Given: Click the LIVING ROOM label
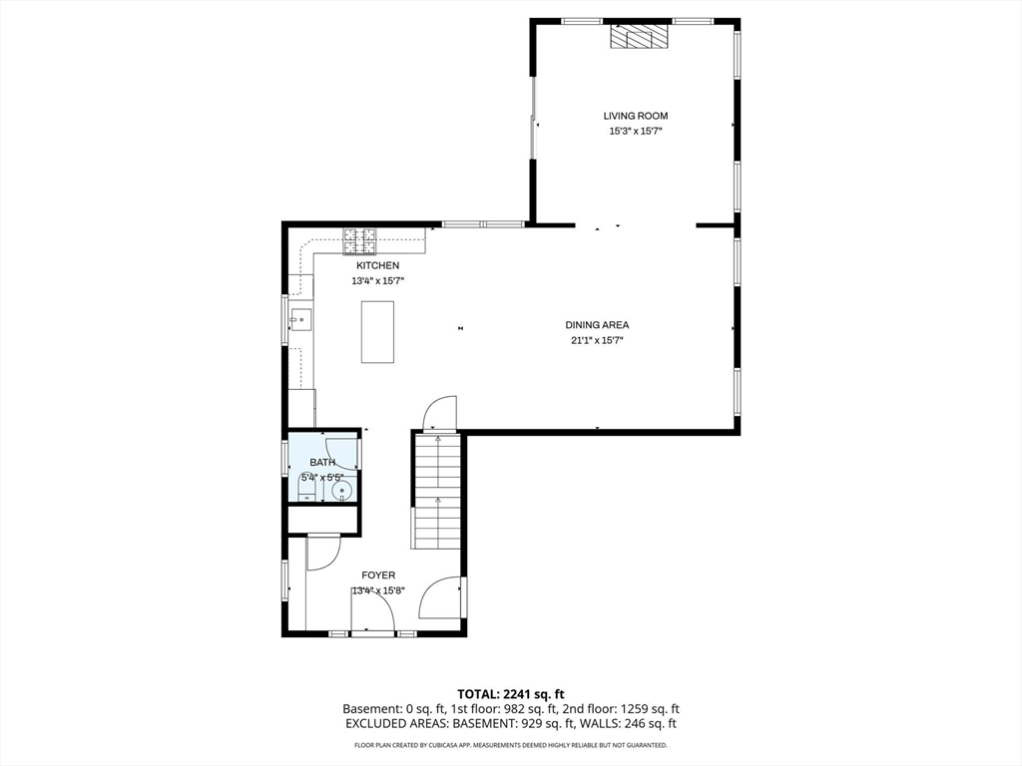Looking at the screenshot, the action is tap(636, 116).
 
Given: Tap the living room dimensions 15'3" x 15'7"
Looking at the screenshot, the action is tap(636, 131).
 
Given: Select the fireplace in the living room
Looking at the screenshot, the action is tap(640, 37).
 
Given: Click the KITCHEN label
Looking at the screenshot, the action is tap(378, 265).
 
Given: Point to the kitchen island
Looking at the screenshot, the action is tap(378, 331).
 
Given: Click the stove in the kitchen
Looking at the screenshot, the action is tap(360, 241).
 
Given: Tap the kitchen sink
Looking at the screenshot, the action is tap(301, 319).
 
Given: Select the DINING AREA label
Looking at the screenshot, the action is tap(597, 325).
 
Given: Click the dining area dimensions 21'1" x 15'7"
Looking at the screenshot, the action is tap(597, 340).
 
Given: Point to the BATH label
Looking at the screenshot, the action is tap(322, 463).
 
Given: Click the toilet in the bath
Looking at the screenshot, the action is tap(306, 488).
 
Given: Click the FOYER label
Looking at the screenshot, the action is tap(378, 575).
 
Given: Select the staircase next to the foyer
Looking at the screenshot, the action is tap(437, 493).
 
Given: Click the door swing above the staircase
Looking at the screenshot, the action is tap(440, 413).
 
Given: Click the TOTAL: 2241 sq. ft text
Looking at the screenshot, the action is tap(506, 694).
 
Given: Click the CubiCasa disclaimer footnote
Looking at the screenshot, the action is tap(511, 745).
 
